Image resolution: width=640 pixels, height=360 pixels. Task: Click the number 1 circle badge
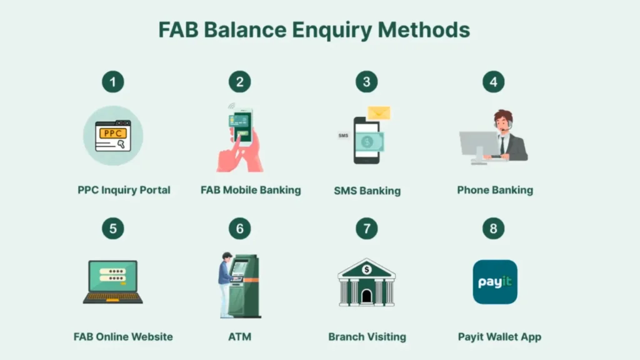[113, 82]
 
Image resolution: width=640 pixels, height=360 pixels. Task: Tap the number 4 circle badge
[493, 82]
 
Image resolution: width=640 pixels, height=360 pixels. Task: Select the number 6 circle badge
[239, 229]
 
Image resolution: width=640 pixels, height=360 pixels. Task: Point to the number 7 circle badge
[367, 229]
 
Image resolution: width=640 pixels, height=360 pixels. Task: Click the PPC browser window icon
[113, 136]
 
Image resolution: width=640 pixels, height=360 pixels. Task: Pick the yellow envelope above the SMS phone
[379, 113]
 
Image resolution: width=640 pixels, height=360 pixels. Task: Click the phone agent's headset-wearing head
[502, 121]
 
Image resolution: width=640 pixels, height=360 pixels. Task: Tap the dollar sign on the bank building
[367, 269]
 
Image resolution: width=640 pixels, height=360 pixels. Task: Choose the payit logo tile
[494, 282]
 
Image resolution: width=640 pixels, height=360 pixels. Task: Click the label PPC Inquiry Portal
[124, 190]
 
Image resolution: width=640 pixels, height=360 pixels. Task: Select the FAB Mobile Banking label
[251, 190]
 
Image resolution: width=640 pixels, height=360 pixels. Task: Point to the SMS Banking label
[367, 191]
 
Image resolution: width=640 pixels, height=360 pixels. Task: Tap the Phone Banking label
[495, 190]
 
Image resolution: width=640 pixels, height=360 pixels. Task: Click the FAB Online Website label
[123, 337]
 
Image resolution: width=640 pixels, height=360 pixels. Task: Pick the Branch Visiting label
[367, 337]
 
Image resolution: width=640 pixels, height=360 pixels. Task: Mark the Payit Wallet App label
[499, 337]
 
